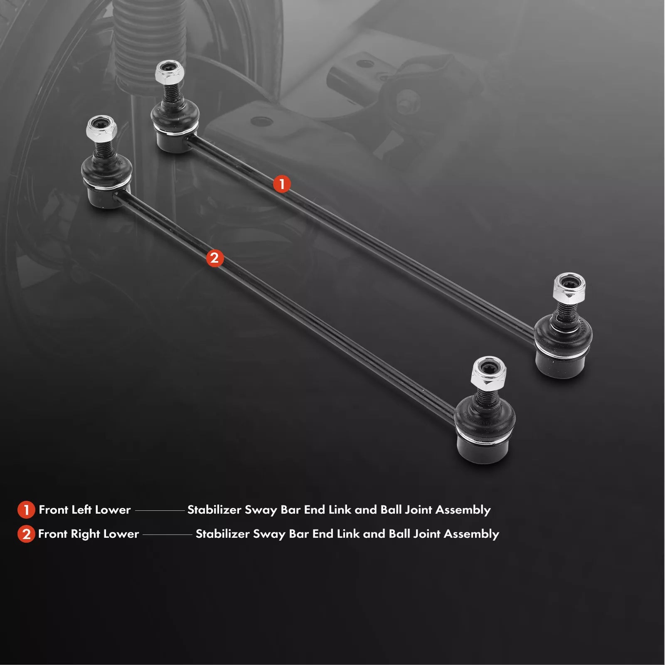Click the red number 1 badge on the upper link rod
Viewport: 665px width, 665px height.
[282, 184]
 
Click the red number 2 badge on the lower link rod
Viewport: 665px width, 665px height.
[214, 258]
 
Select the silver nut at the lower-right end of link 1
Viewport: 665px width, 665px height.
[569, 287]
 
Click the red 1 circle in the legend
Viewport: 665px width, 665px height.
[26, 510]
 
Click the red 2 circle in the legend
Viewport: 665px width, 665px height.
[26, 534]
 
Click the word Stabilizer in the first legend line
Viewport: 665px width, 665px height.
[214, 510]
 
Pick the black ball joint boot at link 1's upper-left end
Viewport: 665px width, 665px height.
[175, 125]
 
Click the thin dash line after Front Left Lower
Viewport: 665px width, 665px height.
[160, 510]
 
